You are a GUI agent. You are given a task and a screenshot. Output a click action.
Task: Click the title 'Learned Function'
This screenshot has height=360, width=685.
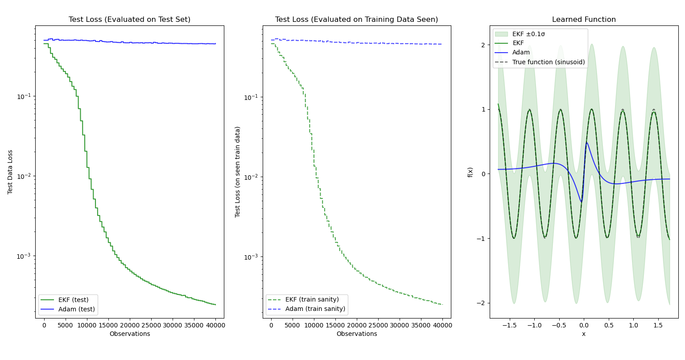(x=584, y=20)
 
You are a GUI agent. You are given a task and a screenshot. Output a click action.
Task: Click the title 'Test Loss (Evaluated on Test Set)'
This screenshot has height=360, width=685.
(x=129, y=20)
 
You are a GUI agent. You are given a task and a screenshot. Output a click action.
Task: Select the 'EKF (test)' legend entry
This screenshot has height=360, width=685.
(x=73, y=300)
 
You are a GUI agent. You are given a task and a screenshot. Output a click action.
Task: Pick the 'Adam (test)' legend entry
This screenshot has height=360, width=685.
(x=76, y=309)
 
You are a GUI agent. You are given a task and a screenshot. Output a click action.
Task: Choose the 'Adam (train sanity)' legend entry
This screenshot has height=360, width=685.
(x=315, y=309)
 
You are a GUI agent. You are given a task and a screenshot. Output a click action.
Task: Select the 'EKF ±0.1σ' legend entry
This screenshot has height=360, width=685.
(x=528, y=34)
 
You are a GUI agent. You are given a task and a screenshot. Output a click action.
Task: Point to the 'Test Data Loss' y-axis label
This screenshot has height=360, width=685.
(x=10, y=172)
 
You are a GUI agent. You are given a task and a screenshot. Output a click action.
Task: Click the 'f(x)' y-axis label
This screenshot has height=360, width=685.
(x=470, y=172)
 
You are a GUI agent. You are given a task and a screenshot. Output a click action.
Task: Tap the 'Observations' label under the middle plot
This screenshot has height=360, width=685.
(x=357, y=334)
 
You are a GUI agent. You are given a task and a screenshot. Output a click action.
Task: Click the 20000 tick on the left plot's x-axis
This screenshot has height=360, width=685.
(x=130, y=325)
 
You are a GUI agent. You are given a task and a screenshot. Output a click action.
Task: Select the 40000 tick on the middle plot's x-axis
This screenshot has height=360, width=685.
(x=442, y=325)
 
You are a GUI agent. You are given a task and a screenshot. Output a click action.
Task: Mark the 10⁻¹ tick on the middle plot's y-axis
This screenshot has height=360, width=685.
(x=251, y=97)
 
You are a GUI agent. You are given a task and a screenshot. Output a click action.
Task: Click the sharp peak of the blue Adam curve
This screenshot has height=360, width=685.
(x=586, y=143)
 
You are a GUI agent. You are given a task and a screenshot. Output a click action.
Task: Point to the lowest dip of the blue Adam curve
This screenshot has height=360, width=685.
(x=582, y=202)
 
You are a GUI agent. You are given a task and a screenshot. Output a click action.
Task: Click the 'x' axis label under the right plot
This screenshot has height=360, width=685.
(x=584, y=334)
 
